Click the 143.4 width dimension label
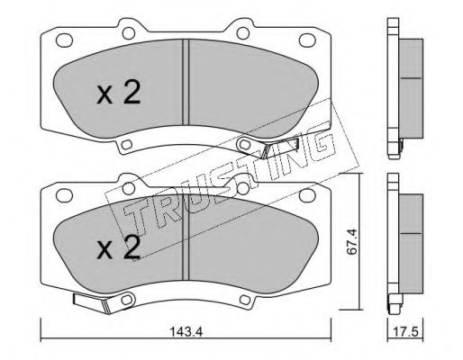pyautogui.click(x=186, y=332)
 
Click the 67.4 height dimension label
pyautogui.click(x=351, y=241)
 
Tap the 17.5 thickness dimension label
pyautogui.click(x=406, y=332)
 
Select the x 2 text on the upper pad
pyautogui.click(x=119, y=93)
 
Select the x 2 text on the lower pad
pyautogui.click(x=119, y=247)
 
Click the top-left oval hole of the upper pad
pyautogui.click(x=64, y=40)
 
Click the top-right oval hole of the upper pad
pyautogui.click(x=307, y=40)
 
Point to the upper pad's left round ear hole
pyautogui.click(x=129, y=33)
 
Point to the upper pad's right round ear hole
pyautogui.click(x=243, y=33)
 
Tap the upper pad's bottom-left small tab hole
pyautogui.click(x=127, y=145)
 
